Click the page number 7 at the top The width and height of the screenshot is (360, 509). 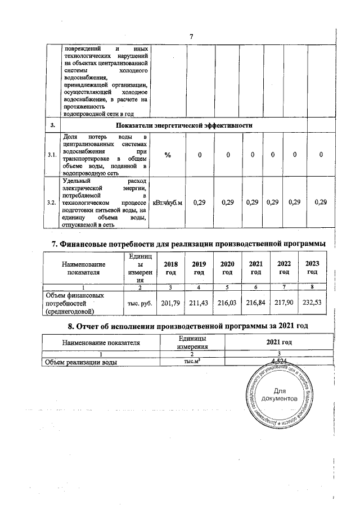(191, 37)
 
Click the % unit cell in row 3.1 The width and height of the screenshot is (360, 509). (168, 155)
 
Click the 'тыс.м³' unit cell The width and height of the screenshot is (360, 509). (191, 362)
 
